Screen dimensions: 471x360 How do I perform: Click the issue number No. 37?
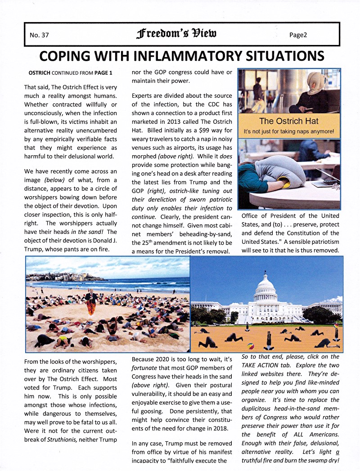tap(39, 35)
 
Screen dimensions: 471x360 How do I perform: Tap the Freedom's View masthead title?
tap(178, 34)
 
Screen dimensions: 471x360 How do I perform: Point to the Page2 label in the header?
tap(298, 35)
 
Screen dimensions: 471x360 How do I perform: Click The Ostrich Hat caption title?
tap(289, 121)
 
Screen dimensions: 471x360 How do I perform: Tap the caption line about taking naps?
tap(289, 131)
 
